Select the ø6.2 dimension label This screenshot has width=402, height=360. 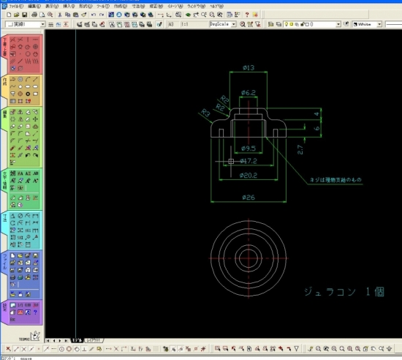pos(248,93)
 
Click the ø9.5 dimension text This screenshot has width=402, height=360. pos(248,149)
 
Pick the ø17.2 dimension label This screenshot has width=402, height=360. pos(248,161)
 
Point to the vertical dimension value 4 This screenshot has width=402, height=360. pos(316,113)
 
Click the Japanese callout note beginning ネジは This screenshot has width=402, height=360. pos(335,179)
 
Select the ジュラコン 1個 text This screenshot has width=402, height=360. pos(344,292)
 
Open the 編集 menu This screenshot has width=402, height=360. pos(34,5)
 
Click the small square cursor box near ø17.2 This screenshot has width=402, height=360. pos(231,161)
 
